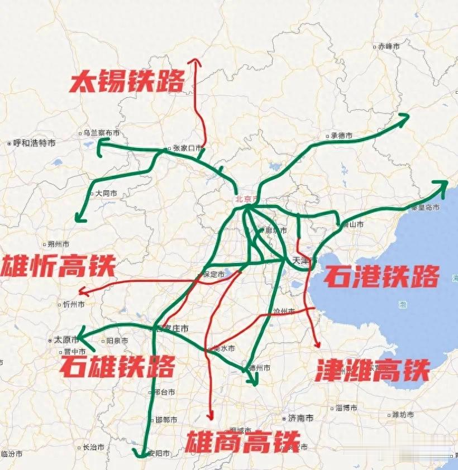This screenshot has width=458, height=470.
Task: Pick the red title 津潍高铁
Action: coord(373,370)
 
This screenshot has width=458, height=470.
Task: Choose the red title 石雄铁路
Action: coord(117,366)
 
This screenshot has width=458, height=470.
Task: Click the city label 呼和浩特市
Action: coord(34,143)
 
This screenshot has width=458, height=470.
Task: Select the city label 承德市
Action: coord(341,136)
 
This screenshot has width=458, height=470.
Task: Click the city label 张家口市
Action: coord(187,148)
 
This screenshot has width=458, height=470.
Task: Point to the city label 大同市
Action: coord(106,194)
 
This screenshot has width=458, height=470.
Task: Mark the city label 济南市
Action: coord(301,418)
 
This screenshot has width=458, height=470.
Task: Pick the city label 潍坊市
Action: coord(403,415)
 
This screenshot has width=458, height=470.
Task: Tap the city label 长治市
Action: coord(93,447)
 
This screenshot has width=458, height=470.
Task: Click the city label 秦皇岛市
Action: coord(424,207)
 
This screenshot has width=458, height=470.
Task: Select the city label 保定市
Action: coord(213,275)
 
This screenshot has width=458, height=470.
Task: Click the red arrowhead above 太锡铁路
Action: coord(195,61)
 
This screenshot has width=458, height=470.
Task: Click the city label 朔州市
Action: coord(59,244)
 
